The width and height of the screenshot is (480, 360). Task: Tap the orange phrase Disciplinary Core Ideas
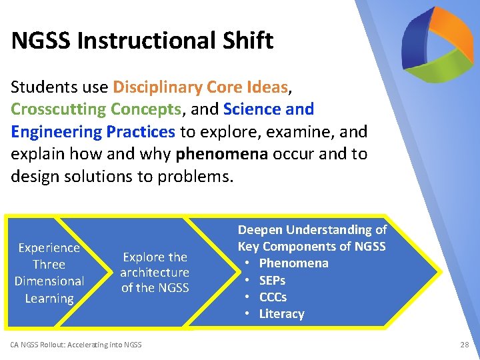tap(201, 87)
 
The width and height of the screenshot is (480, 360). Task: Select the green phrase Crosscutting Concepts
tap(96, 109)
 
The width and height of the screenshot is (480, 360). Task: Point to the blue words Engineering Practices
tap(93, 131)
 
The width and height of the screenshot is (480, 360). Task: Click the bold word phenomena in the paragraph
tap(222, 153)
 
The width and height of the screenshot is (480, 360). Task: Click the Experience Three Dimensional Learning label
tap(49, 273)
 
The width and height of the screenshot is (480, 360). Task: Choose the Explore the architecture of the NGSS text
tap(155, 273)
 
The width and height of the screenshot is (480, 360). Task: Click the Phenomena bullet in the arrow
tap(293, 263)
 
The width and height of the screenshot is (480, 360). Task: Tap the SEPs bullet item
tap(272, 281)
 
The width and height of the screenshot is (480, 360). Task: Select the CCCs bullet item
tap(273, 297)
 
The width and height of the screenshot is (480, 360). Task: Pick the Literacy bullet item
tap(281, 314)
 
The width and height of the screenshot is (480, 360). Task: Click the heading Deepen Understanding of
tap(312, 230)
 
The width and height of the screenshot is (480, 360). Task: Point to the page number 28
tap(465, 345)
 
